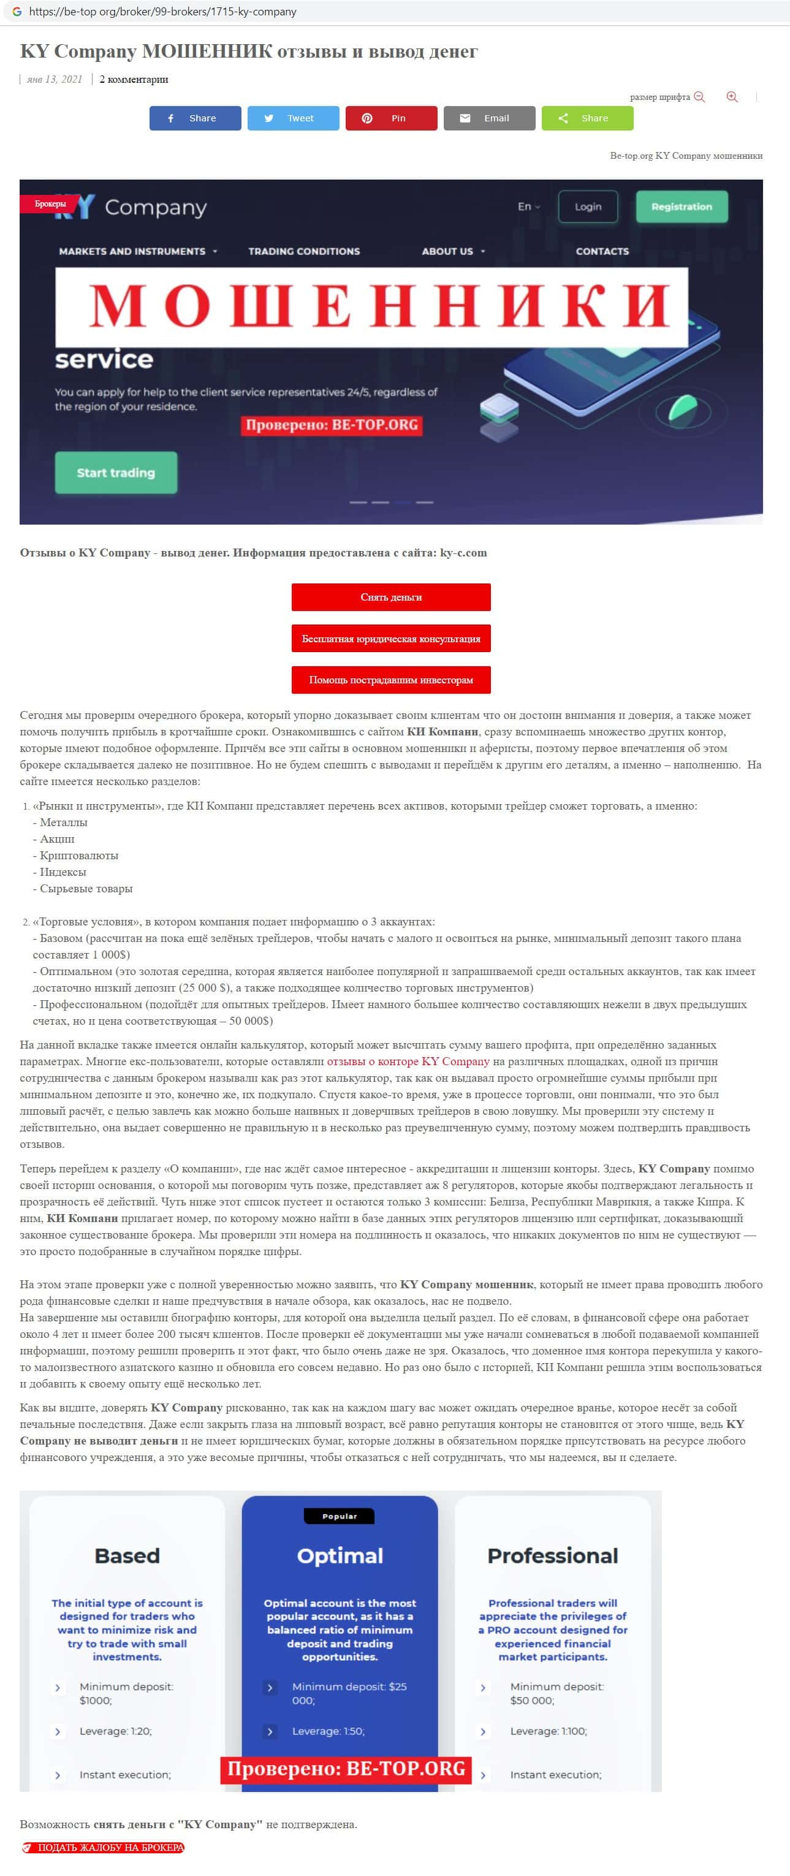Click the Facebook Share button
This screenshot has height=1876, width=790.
[x=195, y=118]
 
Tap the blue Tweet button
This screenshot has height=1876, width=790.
[x=293, y=118]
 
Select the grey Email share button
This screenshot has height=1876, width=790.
[x=489, y=118]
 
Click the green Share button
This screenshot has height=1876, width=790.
[x=587, y=118]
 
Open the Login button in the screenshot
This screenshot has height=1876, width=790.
[x=588, y=207]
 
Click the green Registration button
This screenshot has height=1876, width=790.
[x=682, y=207]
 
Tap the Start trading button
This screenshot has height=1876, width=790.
[x=116, y=473]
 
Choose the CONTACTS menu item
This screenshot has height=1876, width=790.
[x=602, y=251]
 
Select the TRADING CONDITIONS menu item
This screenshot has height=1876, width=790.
[x=303, y=251]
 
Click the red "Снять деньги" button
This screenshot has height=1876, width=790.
[x=391, y=597]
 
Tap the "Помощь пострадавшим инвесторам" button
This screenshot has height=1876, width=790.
[x=391, y=680]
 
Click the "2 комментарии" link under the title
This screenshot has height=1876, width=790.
[x=134, y=80]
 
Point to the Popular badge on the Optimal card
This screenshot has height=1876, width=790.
[x=340, y=1516]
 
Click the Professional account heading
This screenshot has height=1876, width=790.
[x=553, y=1555]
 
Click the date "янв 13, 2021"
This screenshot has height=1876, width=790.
[x=55, y=80]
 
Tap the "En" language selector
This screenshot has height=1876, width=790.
[x=529, y=207]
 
